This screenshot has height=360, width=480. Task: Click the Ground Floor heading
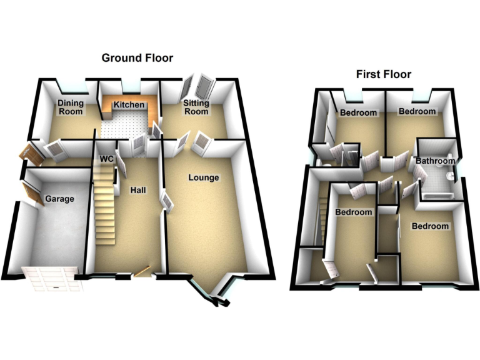(137, 58)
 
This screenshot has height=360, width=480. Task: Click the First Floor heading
(384, 74)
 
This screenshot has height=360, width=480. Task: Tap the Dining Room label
(70, 107)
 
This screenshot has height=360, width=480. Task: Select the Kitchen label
(129, 105)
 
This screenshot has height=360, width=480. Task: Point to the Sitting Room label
(195, 107)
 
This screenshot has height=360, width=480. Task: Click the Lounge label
(204, 177)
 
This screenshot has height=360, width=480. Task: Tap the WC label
(107, 159)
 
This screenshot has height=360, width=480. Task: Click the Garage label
(59, 199)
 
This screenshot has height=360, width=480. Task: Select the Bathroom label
(436, 161)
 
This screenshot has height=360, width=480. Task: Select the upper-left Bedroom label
(359, 112)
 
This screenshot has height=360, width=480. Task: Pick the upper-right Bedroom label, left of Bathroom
(417, 111)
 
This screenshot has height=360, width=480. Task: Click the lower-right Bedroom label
(429, 226)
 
